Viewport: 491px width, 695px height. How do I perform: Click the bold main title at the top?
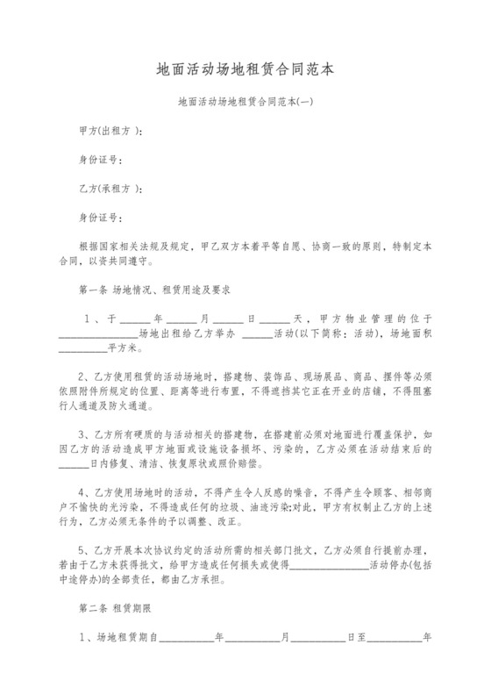(x=245, y=68)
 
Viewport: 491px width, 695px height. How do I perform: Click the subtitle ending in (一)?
(x=245, y=103)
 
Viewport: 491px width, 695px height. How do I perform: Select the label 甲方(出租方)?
(x=107, y=132)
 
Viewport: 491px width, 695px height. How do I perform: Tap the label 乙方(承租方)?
(x=107, y=188)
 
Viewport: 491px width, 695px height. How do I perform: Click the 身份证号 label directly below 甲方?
(x=97, y=160)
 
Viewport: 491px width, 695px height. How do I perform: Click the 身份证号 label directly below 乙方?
(x=97, y=216)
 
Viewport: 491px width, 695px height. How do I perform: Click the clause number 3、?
(x=84, y=434)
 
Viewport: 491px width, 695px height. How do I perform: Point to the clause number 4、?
(x=84, y=491)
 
